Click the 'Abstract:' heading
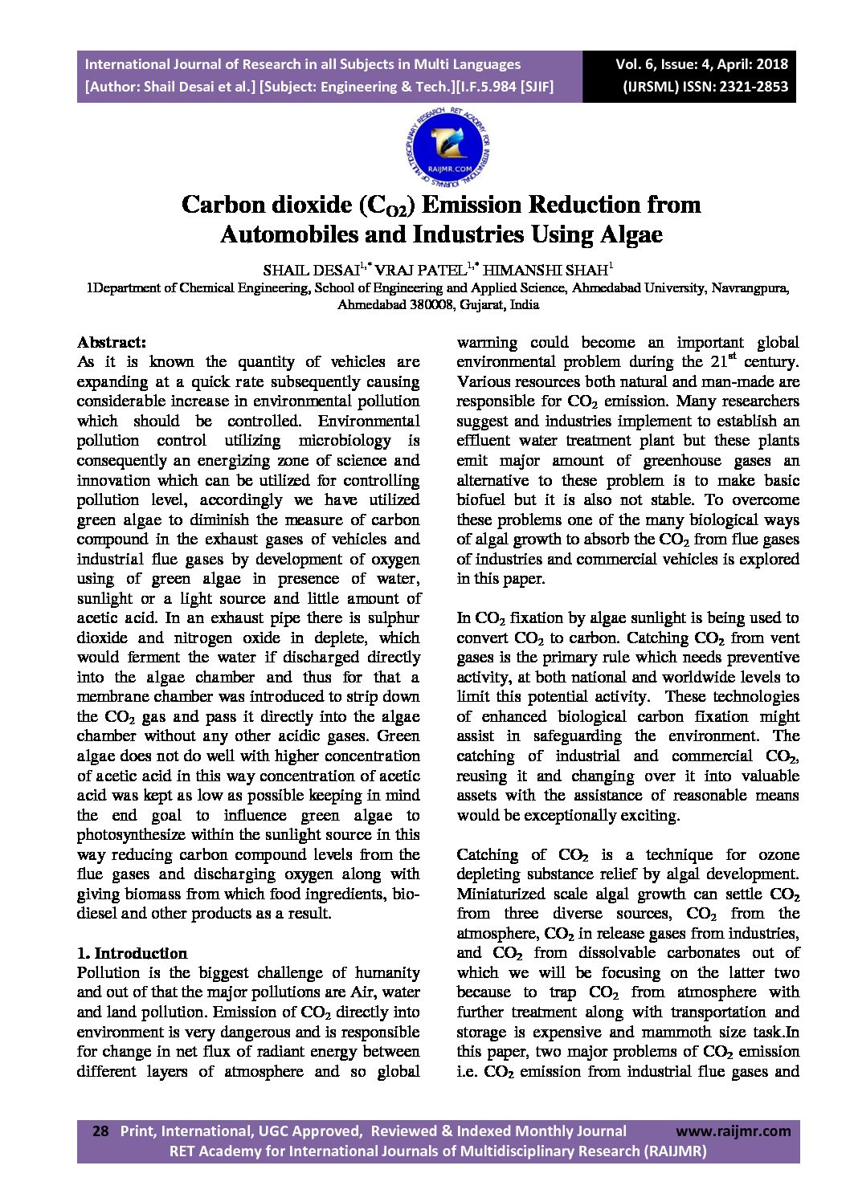[x=111, y=341]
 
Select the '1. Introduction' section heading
[x=132, y=953]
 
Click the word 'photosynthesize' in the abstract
[x=133, y=835]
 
